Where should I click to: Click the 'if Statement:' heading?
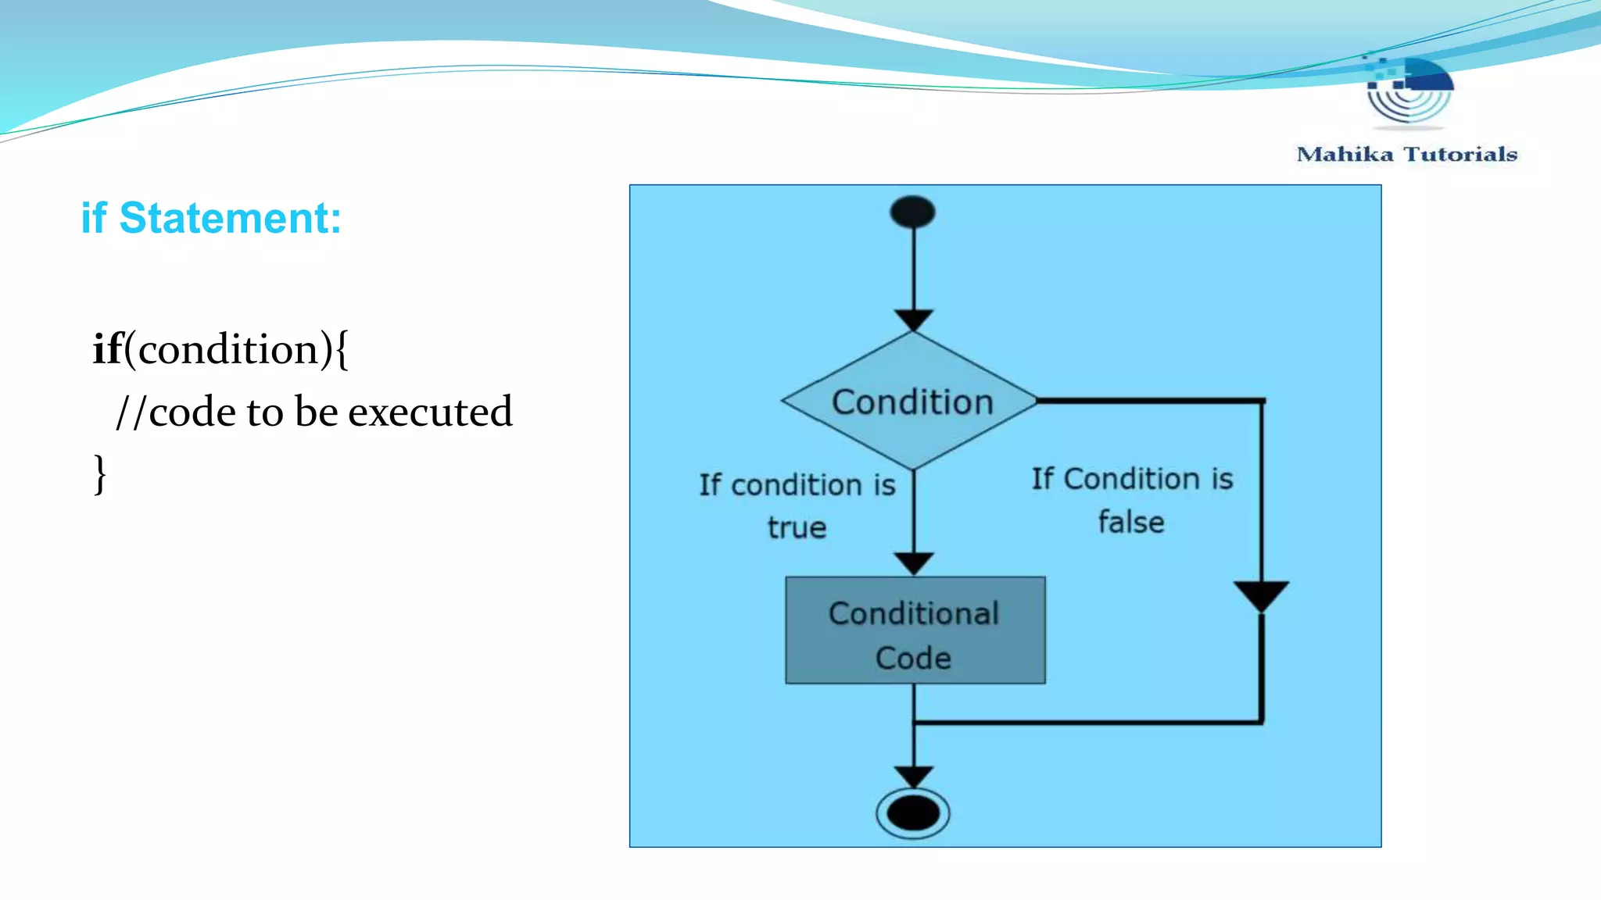(211, 218)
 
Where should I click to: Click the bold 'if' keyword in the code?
(108, 348)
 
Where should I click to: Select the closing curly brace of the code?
(99, 473)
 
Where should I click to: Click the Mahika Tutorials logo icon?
(1408, 89)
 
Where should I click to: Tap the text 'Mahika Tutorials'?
(1406, 154)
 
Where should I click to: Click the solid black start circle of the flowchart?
(912, 212)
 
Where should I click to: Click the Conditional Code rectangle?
(915, 630)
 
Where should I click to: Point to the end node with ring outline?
(912, 813)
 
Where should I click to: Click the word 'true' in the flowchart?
(797, 527)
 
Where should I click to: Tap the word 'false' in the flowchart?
(1130, 522)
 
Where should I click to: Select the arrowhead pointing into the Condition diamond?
(913, 320)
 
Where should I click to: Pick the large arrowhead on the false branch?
(1261, 596)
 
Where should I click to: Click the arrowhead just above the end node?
(913, 777)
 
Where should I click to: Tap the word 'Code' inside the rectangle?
(913, 658)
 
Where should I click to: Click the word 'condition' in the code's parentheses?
(227, 349)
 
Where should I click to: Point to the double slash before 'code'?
(131, 412)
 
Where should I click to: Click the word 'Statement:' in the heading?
(230, 218)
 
